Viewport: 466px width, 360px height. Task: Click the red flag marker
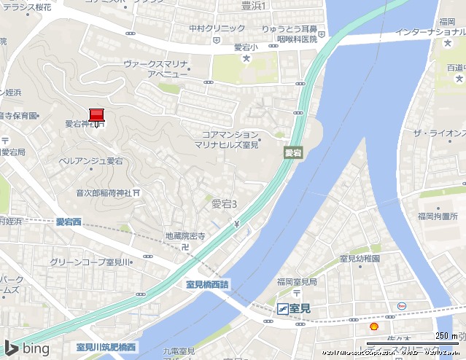[97, 114]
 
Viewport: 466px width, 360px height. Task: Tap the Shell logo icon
[374, 326]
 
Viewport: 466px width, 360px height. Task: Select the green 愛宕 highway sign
[293, 153]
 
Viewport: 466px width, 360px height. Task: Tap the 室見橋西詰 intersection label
[202, 285]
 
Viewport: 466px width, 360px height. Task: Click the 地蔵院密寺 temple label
[185, 236]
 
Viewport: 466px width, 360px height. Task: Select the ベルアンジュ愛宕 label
[91, 160]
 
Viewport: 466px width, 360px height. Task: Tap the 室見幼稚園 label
[360, 259]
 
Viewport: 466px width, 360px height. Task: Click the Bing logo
[27, 348]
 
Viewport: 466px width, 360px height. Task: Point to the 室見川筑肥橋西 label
[106, 347]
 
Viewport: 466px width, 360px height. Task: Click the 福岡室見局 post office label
[297, 281]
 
